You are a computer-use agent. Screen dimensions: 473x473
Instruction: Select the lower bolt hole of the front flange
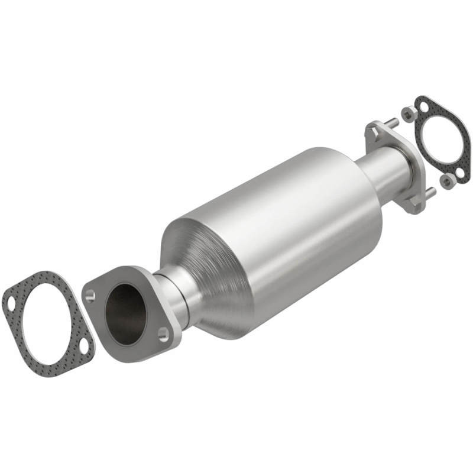[x=163, y=335]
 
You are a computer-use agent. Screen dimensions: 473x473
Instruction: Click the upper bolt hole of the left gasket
[x=11, y=303]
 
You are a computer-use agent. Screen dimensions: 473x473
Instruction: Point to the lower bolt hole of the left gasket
[x=84, y=345]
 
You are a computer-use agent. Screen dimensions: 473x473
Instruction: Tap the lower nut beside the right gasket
[x=448, y=181]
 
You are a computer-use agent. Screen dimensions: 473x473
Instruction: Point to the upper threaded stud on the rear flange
[x=391, y=124]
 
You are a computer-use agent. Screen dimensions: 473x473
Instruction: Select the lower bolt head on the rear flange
[x=414, y=204]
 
